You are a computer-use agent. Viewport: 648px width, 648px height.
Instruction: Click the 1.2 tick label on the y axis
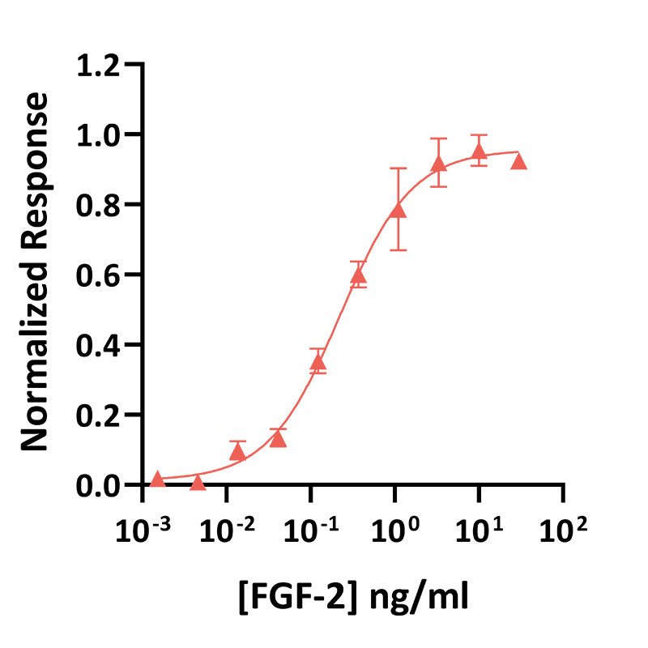tap(104, 64)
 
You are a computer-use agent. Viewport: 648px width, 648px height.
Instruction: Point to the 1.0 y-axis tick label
tap(104, 134)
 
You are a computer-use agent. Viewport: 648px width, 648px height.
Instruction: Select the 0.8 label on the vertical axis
tap(104, 204)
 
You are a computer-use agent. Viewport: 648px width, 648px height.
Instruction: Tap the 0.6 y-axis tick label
tap(104, 275)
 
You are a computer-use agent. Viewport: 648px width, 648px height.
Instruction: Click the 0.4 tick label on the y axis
tap(104, 344)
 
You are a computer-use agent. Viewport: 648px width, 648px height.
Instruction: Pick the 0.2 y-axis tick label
tap(104, 415)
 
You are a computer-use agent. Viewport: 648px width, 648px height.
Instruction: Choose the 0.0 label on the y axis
tap(104, 485)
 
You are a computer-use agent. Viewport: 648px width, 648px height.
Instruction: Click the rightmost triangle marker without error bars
tap(518, 161)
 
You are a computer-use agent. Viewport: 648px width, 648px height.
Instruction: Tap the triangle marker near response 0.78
tap(398, 211)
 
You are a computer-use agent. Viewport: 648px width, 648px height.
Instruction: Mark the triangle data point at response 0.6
tap(358, 275)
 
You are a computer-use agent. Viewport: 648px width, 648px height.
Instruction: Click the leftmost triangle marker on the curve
tap(157, 479)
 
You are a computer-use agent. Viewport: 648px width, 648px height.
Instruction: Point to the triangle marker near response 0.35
tap(318, 362)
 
